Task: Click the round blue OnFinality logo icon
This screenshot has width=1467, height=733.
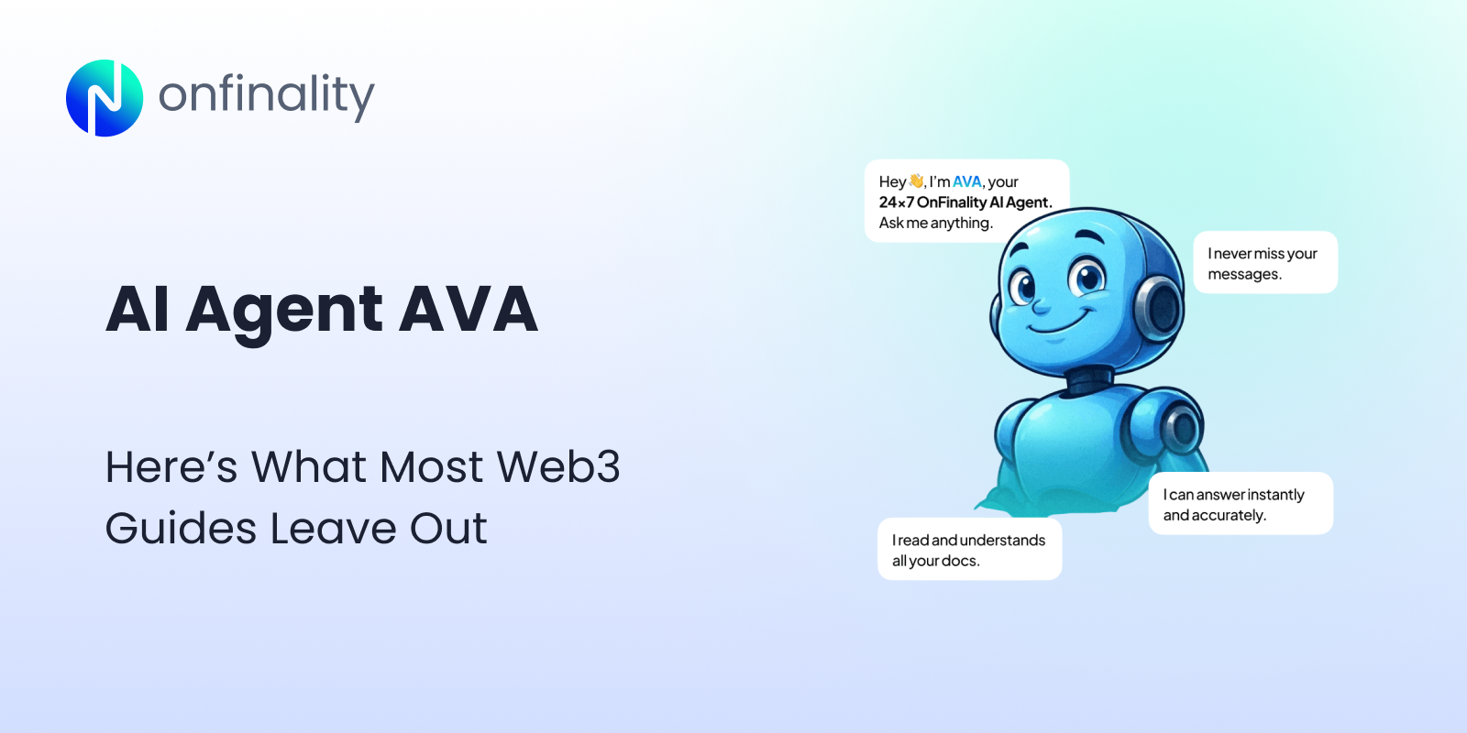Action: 105,98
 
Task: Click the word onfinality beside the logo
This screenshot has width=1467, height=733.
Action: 266,96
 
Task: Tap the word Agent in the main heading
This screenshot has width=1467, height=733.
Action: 284,310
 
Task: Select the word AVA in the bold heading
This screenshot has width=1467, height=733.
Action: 468,310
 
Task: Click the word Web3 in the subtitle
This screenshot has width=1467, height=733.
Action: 558,466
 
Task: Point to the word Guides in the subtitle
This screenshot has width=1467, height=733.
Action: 181,529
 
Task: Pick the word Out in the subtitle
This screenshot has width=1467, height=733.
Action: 448,529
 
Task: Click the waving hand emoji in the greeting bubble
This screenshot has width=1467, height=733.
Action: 916,181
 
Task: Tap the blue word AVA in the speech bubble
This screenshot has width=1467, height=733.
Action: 966,181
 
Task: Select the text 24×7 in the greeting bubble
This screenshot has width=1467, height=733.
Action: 896,202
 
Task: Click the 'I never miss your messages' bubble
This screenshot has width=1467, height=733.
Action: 1264,263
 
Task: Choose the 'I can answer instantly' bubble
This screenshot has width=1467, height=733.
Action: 1240,504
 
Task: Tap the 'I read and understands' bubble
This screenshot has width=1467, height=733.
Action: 969,550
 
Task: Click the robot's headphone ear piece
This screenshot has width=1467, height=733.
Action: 1161,305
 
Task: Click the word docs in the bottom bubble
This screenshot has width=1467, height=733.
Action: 960,561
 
